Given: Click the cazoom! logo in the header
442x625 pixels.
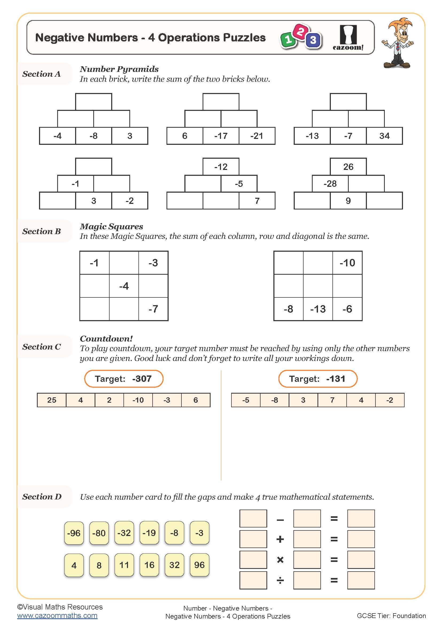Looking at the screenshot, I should coord(348,38).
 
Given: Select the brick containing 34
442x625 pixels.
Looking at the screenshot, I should coord(384,136).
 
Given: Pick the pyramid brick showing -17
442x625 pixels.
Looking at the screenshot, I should coord(221,136).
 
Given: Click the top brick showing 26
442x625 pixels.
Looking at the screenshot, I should coord(348,166).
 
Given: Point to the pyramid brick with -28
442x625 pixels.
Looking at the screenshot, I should coord(330,184).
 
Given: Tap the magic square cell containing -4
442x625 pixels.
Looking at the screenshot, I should coord(124,286).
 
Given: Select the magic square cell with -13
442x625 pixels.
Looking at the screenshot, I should coord(318,309).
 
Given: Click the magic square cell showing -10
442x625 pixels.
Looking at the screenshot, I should coord(347,263).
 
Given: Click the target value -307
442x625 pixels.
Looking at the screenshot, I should coord(142,379).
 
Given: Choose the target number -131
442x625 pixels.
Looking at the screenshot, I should coord(336,379).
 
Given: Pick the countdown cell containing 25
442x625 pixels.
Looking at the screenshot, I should coord(52,400).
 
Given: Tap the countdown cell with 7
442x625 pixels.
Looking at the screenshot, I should coord(332,400).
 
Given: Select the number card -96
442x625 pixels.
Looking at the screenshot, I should coord(74,533).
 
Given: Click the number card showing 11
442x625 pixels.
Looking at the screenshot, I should coord(124,565).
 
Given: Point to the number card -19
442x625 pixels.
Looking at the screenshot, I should coord(149,533).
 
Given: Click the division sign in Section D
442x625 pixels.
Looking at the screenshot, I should coord(280,580).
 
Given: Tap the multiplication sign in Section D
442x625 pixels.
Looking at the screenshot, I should coord(280,560).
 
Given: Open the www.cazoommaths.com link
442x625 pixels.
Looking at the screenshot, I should coord(57,616).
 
